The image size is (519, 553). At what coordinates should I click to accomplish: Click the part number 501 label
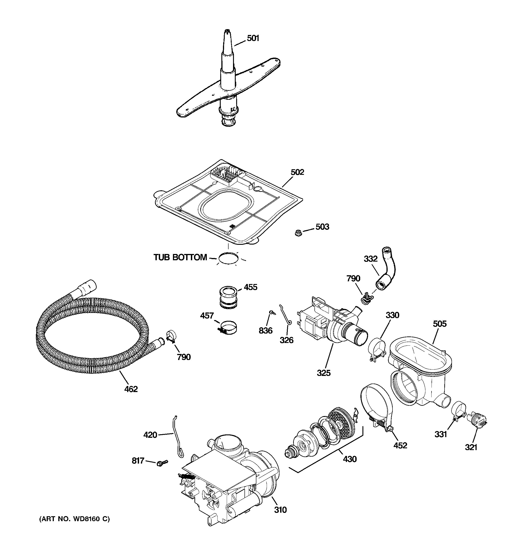click(x=253, y=38)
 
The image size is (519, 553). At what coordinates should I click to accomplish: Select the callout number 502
click(x=297, y=172)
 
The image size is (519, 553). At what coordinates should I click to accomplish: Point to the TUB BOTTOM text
click(x=180, y=257)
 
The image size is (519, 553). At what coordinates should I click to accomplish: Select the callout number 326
click(x=286, y=340)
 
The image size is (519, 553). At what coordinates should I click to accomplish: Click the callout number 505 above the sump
click(x=439, y=324)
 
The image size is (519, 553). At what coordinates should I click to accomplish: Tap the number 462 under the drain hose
click(x=131, y=389)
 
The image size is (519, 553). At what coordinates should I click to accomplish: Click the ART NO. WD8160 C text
click(x=75, y=519)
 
